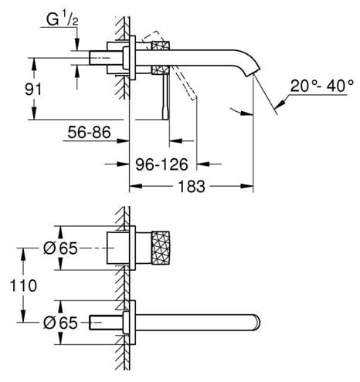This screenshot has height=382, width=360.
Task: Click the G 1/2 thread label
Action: (x=63, y=20)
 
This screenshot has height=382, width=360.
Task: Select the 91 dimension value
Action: (x=33, y=90)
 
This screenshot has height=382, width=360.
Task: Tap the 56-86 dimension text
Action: (x=89, y=132)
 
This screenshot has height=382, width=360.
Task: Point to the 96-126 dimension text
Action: (x=161, y=164)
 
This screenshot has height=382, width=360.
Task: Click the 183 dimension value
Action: (x=192, y=186)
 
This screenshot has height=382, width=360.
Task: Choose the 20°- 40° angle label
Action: (x=322, y=86)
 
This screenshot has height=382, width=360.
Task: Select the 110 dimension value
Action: (x=23, y=286)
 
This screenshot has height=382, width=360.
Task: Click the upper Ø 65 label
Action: (x=60, y=248)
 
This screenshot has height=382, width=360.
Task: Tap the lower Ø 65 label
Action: (x=60, y=323)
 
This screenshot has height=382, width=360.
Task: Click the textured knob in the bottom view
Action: (x=161, y=248)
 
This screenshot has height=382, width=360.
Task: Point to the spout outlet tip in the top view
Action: (x=253, y=73)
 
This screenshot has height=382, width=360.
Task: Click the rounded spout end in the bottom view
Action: (x=257, y=323)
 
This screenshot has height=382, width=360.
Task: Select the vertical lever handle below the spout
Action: (x=165, y=97)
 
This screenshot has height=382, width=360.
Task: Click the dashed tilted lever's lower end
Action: (x=194, y=97)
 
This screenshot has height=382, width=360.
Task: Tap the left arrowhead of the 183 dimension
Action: (x=135, y=186)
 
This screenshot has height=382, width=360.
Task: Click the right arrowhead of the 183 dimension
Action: (x=247, y=186)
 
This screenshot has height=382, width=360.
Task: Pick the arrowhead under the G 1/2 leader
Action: (x=77, y=44)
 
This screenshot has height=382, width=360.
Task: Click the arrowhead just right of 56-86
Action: (x=123, y=140)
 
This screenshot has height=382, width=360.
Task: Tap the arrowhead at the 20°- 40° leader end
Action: (x=279, y=104)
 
